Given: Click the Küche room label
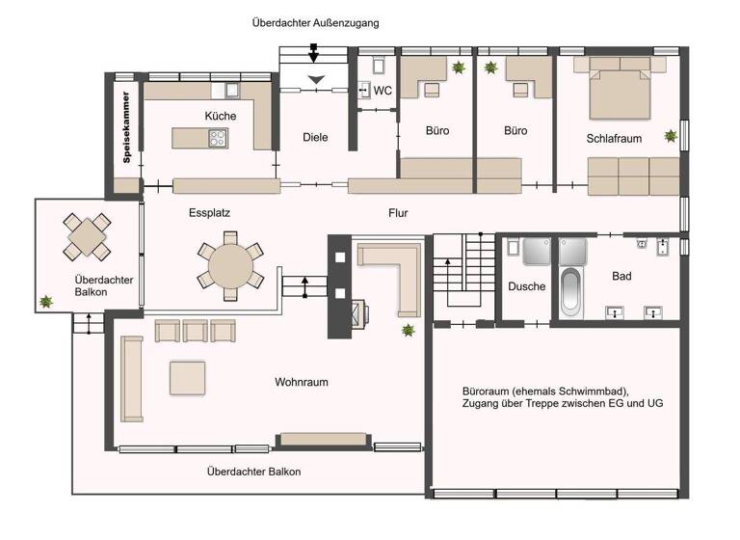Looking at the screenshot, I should pyautogui.click(x=220, y=116).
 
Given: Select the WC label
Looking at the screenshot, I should pyautogui.click(x=383, y=92).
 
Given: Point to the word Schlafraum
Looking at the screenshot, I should pyautogui.click(x=614, y=139).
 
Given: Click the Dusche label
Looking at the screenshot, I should pyautogui.click(x=526, y=286).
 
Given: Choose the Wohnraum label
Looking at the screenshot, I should pyautogui.click(x=301, y=382).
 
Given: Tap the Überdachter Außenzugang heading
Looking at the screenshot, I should pyautogui.click(x=316, y=21).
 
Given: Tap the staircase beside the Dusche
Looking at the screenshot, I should pyautogui.click(x=459, y=275).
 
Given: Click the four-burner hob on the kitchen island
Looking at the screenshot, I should pyautogui.click(x=217, y=139).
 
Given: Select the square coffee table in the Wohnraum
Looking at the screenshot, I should pyautogui.click(x=187, y=377).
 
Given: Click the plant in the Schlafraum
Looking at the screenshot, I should pyautogui.click(x=670, y=136).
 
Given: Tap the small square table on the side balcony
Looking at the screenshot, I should pyautogui.click(x=88, y=234).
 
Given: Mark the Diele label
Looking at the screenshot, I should pyautogui.click(x=315, y=137).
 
